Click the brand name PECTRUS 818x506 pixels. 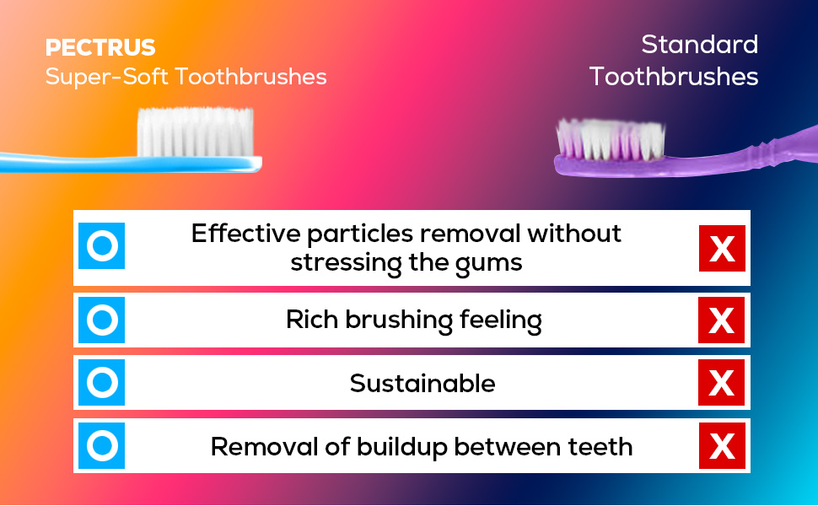100,47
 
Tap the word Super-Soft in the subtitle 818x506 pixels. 107,77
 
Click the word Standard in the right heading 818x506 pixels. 700,45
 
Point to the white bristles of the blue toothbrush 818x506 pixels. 195,132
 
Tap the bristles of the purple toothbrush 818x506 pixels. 611,139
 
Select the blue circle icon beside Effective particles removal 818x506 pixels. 102,245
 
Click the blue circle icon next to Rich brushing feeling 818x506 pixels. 102,320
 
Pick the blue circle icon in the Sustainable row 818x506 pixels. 102,382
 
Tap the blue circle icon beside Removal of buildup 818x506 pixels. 102,445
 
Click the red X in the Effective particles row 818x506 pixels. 722,248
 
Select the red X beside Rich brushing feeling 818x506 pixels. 722,320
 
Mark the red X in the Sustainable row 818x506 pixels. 722,382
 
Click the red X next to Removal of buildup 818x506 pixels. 722,445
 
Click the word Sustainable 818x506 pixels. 422,384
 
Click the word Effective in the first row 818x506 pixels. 245,233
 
